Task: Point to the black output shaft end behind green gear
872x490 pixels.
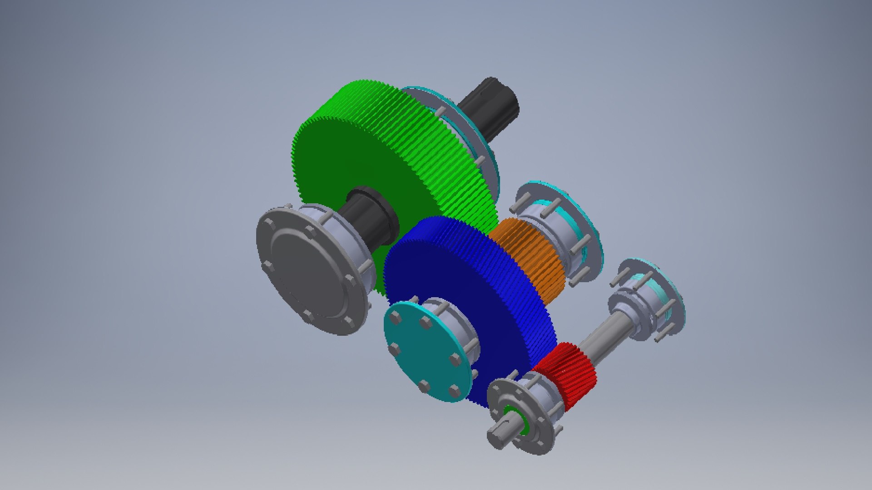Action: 495,107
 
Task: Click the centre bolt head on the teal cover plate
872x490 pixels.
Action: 394,349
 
